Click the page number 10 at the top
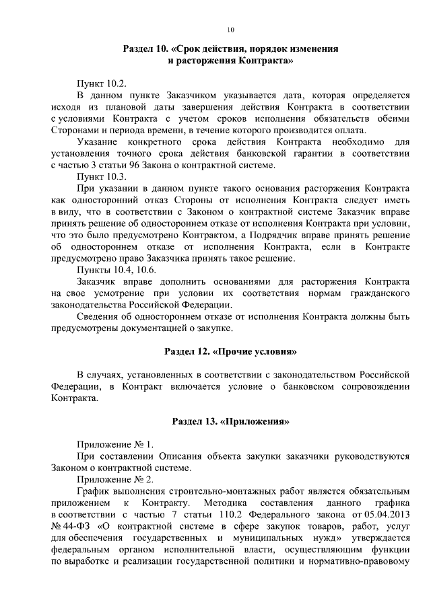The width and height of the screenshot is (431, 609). click(x=230, y=30)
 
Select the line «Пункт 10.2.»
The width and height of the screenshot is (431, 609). click(x=102, y=83)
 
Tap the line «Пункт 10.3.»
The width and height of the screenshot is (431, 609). click(x=102, y=175)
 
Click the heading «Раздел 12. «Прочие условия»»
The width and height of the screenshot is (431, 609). click(x=230, y=351)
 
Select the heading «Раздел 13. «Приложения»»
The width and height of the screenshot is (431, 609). click(x=230, y=421)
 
